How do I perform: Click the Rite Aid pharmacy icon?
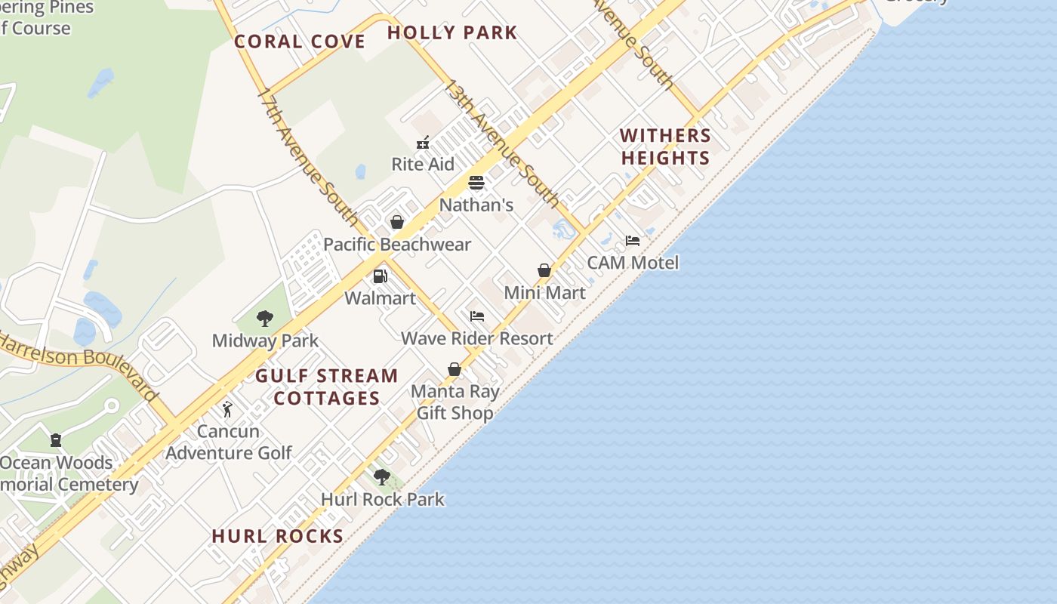point(423,143)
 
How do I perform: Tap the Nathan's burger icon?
point(476,183)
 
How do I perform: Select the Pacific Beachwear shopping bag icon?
point(396,222)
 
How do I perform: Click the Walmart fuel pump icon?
point(381,276)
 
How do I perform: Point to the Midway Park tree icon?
point(264,319)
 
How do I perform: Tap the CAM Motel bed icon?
point(633,241)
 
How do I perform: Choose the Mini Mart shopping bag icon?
point(544,270)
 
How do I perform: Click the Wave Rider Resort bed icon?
point(477,316)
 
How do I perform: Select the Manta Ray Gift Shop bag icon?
point(455,369)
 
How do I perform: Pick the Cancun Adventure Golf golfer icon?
point(228,409)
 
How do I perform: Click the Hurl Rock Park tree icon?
point(382,477)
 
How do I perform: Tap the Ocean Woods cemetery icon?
point(56,440)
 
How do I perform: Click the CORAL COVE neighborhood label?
point(300,42)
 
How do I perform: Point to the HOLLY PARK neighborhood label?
point(452,32)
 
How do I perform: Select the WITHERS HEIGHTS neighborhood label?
point(665,146)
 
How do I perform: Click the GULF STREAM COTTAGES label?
point(327,387)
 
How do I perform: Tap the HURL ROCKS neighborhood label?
point(278,536)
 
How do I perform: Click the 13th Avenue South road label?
point(501,143)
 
